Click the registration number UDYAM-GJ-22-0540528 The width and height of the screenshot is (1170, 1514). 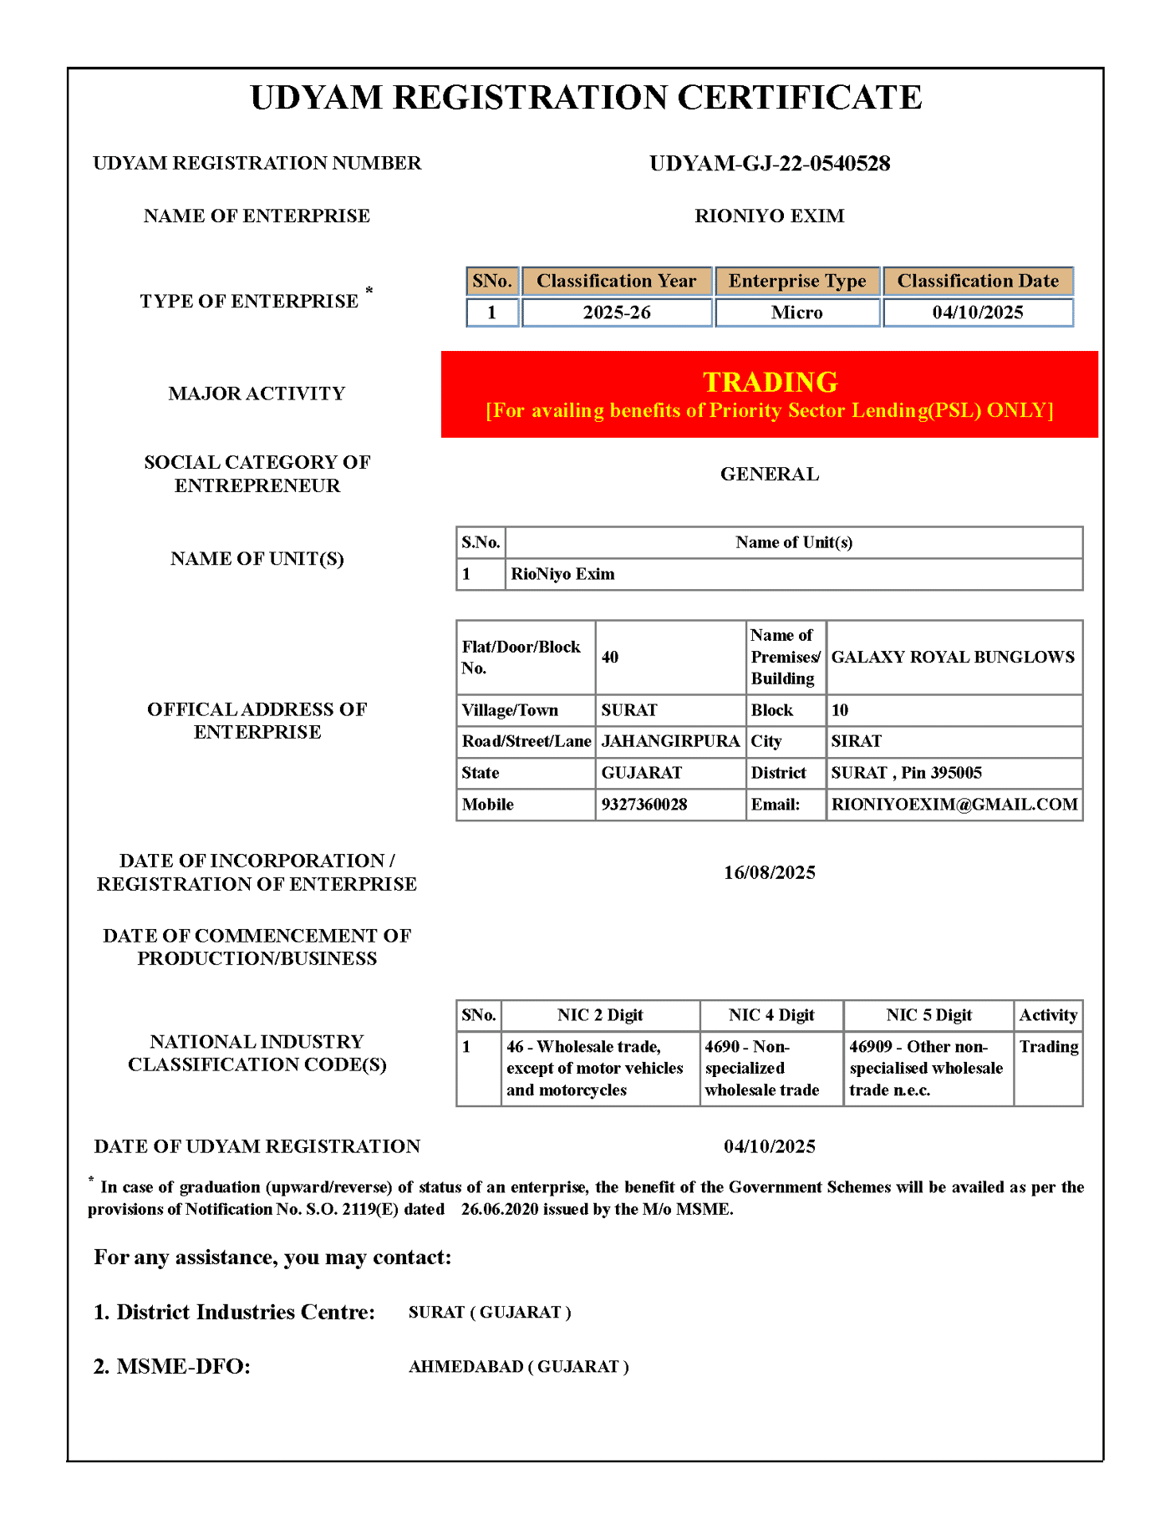click(769, 163)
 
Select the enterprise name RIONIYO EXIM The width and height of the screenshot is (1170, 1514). click(769, 216)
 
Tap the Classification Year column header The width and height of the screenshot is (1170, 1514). click(616, 281)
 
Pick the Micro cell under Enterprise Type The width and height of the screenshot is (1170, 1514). click(796, 312)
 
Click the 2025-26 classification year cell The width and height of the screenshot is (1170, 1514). click(616, 312)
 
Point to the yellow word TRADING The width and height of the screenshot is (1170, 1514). click(769, 382)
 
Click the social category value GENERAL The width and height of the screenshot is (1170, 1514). click(769, 474)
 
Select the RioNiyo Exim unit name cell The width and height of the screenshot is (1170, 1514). click(562, 574)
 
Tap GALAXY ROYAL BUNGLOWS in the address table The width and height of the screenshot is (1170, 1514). click(953, 657)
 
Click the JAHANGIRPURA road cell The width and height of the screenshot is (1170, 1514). click(670, 741)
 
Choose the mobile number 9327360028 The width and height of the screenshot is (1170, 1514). click(643, 805)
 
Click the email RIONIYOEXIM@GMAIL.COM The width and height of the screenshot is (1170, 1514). click(954, 805)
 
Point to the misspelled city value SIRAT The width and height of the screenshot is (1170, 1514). click(856, 741)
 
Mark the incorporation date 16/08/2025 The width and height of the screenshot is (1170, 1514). click(769, 872)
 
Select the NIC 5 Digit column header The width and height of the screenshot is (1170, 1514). click(928, 1015)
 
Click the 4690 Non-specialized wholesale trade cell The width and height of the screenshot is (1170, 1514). click(762, 1068)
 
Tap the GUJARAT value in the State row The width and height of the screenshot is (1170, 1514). click(641, 773)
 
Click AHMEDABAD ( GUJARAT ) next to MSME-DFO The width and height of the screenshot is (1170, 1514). click(518, 1367)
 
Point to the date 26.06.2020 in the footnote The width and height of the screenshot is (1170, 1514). click(500, 1209)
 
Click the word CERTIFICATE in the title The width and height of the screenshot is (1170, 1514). click(799, 98)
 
